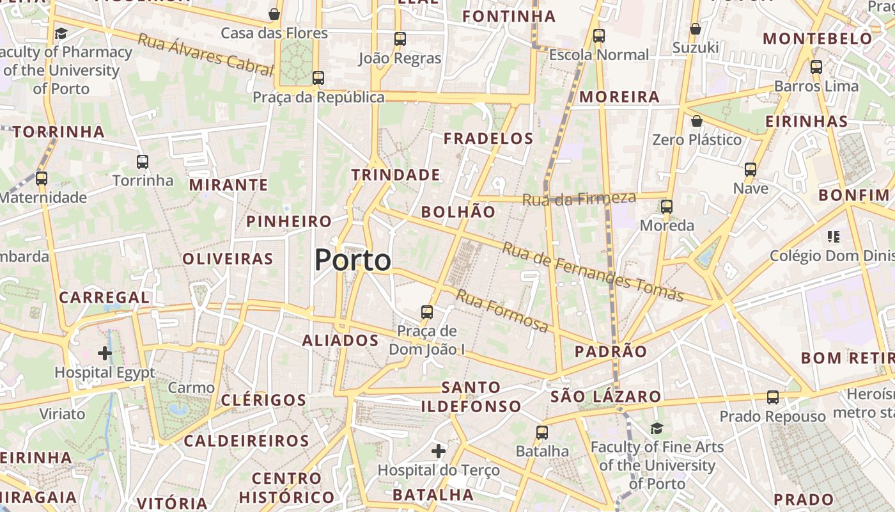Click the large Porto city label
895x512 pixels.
[x=353, y=260]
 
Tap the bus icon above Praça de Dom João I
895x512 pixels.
[x=427, y=312]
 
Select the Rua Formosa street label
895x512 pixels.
[x=502, y=311]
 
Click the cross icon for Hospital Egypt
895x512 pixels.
[x=105, y=353]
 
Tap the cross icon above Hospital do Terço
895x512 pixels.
[x=439, y=451]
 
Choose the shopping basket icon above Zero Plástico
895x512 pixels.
[x=697, y=121]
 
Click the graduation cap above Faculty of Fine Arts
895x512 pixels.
[x=657, y=428]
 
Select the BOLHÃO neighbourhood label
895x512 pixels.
[x=458, y=212]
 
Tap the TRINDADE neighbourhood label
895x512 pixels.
[x=396, y=175]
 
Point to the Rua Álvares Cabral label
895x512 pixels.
[x=205, y=55]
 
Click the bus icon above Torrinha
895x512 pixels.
[x=143, y=162]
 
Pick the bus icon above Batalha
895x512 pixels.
[x=542, y=433]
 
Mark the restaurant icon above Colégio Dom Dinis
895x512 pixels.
[x=833, y=237]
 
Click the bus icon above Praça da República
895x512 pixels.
[x=318, y=78]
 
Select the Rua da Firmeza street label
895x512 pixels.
[x=579, y=199]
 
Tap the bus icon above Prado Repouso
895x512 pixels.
[x=773, y=397]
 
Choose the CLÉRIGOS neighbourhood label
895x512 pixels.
[x=263, y=401]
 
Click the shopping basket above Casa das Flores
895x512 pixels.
[x=274, y=14]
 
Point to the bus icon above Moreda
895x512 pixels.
[x=667, y=207]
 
